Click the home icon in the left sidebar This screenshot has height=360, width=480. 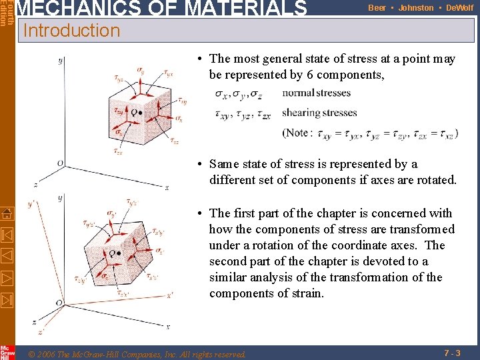coord(7,214)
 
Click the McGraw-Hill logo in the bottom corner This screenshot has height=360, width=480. coord(7,352)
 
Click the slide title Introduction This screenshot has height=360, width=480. coord(71,31)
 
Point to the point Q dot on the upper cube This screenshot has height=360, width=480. coord(140,113)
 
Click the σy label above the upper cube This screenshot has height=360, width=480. coord(140,69)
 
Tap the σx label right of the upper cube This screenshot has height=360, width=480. coord(178,118)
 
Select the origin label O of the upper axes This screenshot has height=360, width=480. coord(60,163)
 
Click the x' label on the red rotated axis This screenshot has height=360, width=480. coord(171,294)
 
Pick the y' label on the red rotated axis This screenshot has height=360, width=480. coord(31,205)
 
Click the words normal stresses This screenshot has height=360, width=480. coord(316,93)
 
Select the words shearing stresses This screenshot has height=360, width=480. coord(319,113)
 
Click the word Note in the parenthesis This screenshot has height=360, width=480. coord(296,133)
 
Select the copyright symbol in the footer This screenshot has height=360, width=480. coord(33,354)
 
